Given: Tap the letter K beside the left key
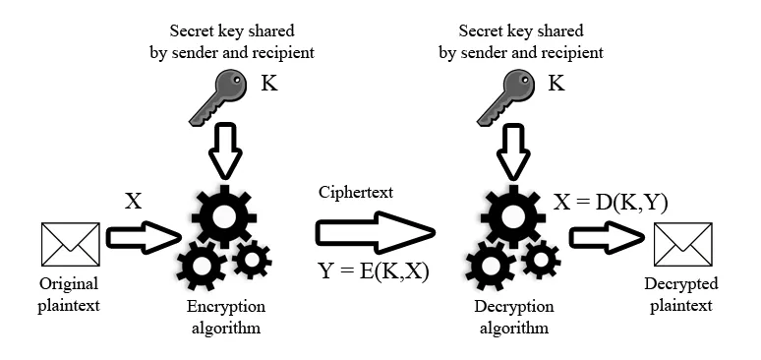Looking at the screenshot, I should pos(268,86).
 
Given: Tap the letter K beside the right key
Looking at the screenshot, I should pos(556,86).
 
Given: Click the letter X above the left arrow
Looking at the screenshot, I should pos(134,201).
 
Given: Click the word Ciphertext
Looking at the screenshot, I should pos(355,193).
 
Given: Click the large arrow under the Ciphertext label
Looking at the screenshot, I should pos(374,233).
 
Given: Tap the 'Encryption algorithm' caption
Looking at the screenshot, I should pos(223,317).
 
